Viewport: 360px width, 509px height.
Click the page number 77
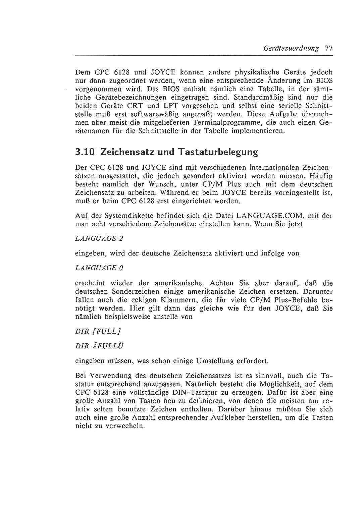coord(328,48)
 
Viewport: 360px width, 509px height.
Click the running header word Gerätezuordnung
coord(291,48)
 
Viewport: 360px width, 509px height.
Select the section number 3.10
coord(84,152)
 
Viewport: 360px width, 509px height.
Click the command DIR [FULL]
coord(98,331)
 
